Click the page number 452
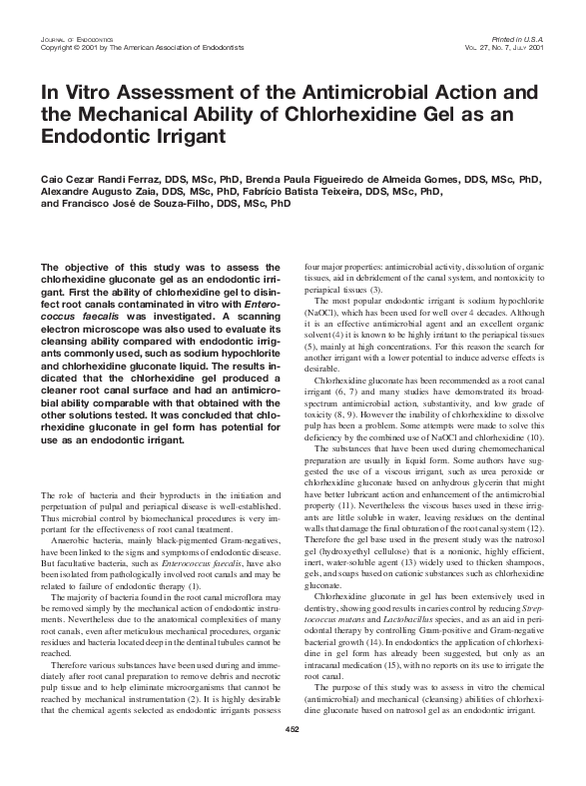click(293, 758)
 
